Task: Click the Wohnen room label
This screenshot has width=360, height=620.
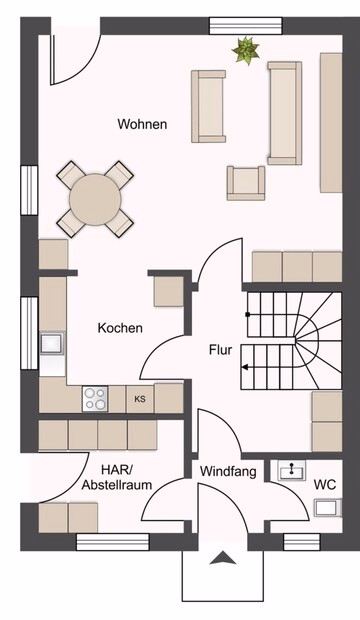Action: click(142, 124)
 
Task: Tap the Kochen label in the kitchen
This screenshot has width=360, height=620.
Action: click(120, 328)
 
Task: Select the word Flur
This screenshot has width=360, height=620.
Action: click(221, 350)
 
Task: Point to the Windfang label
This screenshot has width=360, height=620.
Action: click(228, 471)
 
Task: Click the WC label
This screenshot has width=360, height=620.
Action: click(325, 484)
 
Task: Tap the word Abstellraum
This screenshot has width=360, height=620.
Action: click(117, 485)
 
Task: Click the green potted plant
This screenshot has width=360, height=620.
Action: click(246, 50)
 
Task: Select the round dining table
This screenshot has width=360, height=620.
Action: click(94, 200)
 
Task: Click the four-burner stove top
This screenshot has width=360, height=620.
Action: click(95, 399)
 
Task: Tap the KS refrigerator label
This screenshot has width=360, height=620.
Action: click(140, 399)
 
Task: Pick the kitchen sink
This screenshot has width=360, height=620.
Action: click(52, 343)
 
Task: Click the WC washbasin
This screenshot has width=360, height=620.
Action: click(292, 471)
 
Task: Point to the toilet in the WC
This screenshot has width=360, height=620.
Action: click(328, 508)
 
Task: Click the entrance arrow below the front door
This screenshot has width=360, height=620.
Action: click(223, 559)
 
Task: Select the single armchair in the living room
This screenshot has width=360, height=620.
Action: click(246, 183)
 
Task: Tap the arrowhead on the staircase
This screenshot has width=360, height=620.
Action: click(245, 367)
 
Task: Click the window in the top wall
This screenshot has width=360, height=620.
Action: click(246, 26)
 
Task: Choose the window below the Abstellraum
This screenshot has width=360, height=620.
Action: click(113, 542)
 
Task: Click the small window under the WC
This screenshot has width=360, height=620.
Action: click(302, 542)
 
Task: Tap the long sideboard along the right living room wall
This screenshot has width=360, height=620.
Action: click(331, 123)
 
